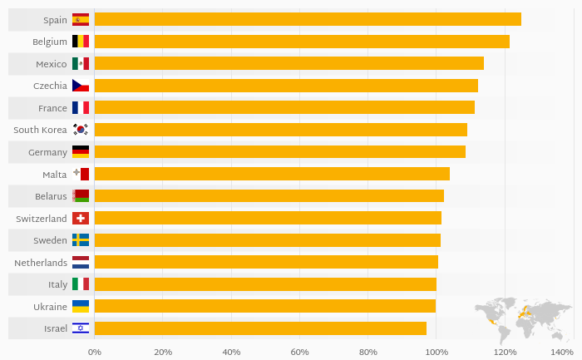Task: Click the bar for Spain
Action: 308,19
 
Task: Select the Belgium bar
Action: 302,42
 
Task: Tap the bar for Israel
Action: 260,328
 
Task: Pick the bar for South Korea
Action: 281,130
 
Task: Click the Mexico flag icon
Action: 81,64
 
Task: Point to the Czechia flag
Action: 81,86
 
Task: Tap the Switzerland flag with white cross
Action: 81,218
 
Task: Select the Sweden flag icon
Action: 81,240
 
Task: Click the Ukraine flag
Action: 81,306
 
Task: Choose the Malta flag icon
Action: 81,174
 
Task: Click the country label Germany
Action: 47,152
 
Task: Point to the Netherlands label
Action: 41,263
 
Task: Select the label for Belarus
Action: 51,196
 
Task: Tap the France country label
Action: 52,108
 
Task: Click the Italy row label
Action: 57,284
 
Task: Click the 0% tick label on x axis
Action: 95,352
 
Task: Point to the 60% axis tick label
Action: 299,352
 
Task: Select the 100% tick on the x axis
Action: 436,352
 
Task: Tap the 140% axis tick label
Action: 574,352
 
